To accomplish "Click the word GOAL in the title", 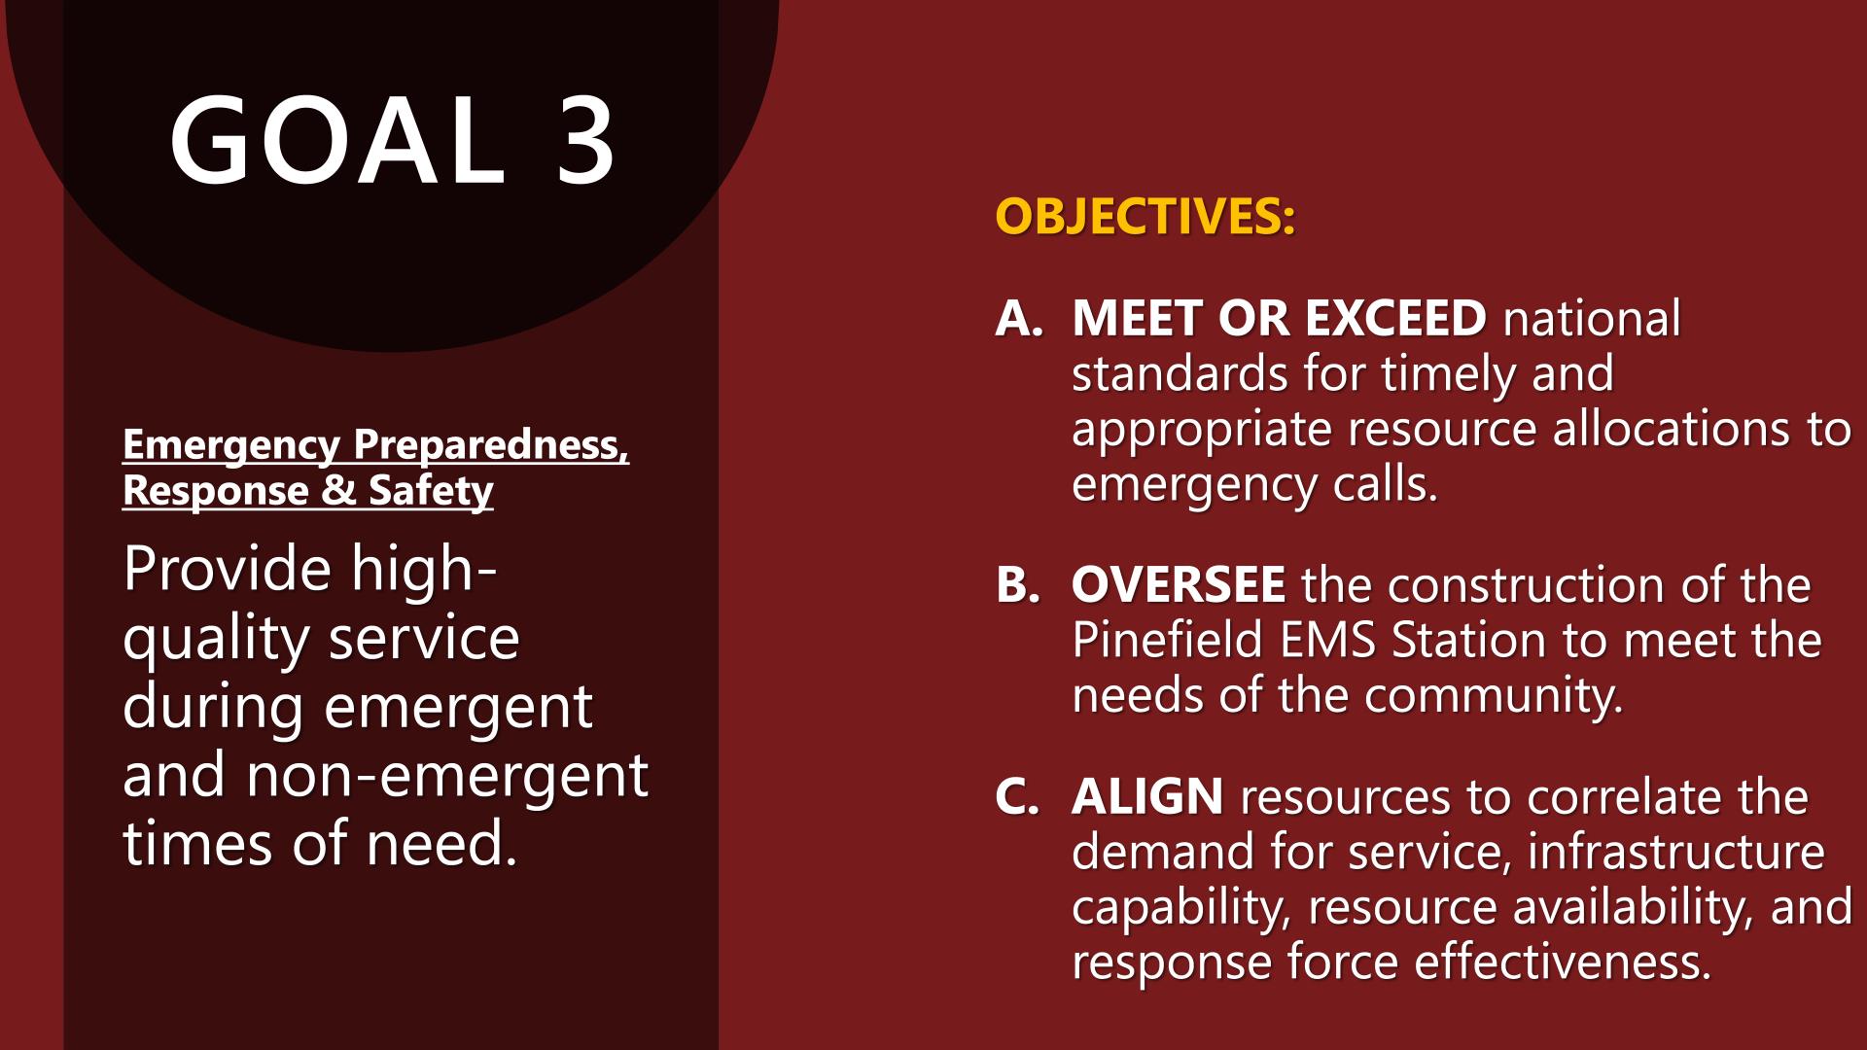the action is tap(337, 140).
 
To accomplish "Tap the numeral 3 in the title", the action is tap(585, 140).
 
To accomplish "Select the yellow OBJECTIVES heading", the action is tap(1145, 216).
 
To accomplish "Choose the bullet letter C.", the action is tap(1017, 796).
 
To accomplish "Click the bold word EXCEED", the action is tap(1395, 318).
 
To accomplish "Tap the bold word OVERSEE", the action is tap(1179, 585).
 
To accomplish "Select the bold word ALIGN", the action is tap(1147, 796).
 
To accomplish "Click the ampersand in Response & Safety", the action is tap(338, 490).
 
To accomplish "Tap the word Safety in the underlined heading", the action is tap(431, 491).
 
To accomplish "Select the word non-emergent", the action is tap(447, 775).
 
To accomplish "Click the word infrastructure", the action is tap(1676, 852).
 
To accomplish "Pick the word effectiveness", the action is tap(1563, 962).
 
